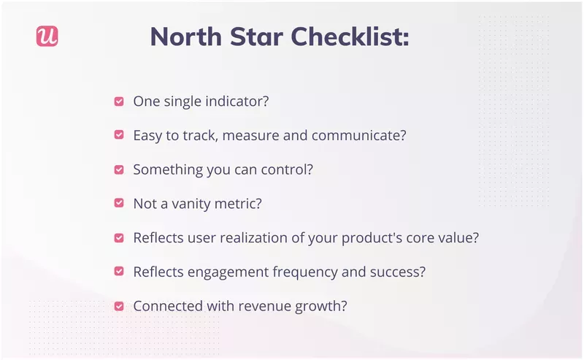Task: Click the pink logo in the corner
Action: [47, 37]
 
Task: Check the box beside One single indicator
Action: [118, 102]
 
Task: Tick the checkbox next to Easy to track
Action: [118, 135]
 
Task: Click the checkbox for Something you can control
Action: [118, 169]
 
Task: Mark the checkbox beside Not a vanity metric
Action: [118, 204]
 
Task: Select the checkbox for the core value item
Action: [118, 238]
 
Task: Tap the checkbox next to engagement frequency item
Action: [118, 272]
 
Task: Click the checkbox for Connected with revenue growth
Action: [118, 306]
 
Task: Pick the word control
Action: [288, 169]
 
